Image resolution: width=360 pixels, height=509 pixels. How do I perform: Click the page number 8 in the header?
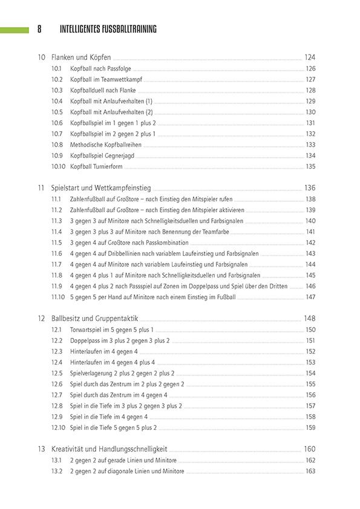(x=39, y=29)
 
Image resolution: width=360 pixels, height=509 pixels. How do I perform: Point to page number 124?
(x=309, y=57)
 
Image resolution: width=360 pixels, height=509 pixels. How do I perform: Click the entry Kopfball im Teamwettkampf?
(x=105, y=79)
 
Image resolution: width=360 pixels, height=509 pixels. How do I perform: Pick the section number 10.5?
(x=57, y=112)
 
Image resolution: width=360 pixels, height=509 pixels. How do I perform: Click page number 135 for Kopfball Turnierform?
(x=310, y=166)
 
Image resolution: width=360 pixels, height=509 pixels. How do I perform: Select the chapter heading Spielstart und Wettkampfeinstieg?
(x=101, y=188)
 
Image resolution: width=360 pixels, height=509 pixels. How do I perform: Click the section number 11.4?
(x=57, y=232)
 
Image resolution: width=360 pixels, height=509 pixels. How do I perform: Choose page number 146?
(x=310, y=286)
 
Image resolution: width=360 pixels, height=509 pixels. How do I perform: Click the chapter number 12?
(x=41, y=319)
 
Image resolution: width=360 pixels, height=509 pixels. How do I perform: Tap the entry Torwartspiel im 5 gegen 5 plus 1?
(x=111, y=329)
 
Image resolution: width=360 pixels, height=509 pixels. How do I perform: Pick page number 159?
(x=310, y=427)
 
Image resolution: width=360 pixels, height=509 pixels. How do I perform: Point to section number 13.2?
(x=57, y=471)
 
